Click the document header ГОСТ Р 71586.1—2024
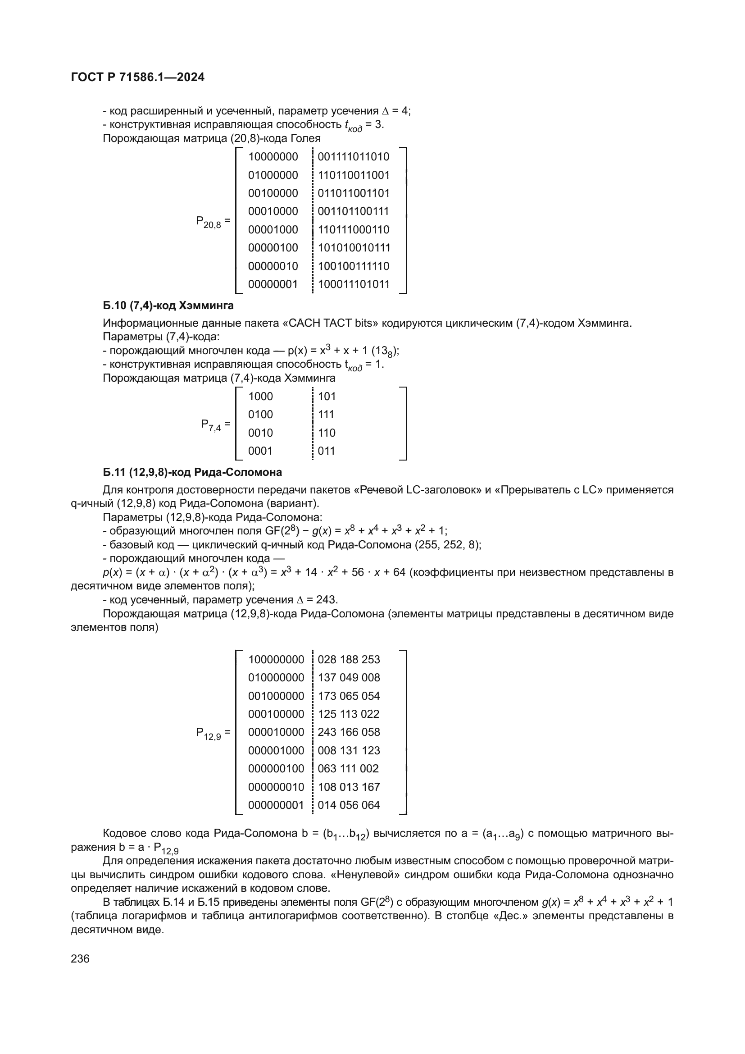(x=138, y=78)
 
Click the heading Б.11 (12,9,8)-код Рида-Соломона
(x=192, y=472)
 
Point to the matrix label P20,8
(x=209, y=222)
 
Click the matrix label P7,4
(x=211, y=424)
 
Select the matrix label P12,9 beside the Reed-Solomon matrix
(x=209, y=733)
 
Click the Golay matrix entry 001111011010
(x=353, y=157)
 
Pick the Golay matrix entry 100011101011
(x=353, y=284)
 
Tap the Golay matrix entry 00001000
(x=273, y=229)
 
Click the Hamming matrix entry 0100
(x=260, y=415)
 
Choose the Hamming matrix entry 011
(x=327, y=451)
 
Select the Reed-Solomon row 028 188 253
(x=349, y=660)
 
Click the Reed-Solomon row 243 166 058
(x=349, y=732)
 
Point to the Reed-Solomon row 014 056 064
(x=349, y=805)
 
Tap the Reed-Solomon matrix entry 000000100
(x=276, y=768)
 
